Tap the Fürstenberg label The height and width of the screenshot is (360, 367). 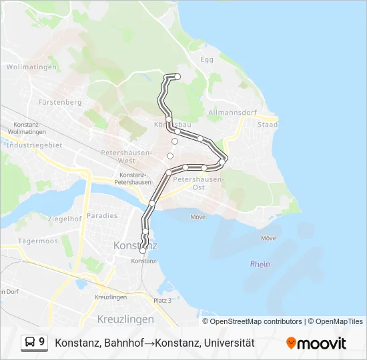(x=60, y=102)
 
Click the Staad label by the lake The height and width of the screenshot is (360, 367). (x=268, y=125)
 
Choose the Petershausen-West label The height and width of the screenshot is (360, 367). (x=126, y=157)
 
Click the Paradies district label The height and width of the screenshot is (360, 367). (x=101, y=215)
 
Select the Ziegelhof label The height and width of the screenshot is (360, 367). (x=65, y=218)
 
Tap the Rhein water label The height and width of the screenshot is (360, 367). (x=260, y=264)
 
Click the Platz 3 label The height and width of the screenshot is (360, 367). (x=163, y=301)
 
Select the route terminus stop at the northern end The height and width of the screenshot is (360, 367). (x=177, y=77)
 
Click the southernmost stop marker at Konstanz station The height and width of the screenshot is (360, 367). (x=143, y=251)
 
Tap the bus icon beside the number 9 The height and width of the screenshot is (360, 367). (x=31, y=343)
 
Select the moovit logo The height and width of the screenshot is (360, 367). (x=316, y=343)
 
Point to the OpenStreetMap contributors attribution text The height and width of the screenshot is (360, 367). (x=256, y=321)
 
